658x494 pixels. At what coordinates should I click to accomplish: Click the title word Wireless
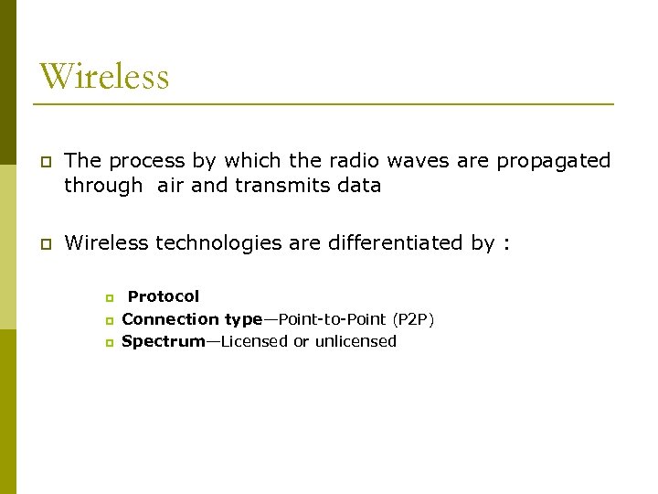104,75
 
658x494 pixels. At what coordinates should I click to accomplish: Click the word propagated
554,162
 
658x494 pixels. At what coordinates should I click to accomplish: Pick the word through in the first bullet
103,186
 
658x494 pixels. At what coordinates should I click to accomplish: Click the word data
359,186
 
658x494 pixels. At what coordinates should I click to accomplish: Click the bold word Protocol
163,296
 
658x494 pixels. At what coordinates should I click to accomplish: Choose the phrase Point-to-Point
333,319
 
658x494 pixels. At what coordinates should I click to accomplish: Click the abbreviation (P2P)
413,319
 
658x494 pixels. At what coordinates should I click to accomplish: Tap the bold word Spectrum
164,341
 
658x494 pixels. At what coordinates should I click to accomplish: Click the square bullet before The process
43,162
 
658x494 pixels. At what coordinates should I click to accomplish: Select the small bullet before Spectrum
108,342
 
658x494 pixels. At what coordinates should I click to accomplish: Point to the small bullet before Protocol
108,298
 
